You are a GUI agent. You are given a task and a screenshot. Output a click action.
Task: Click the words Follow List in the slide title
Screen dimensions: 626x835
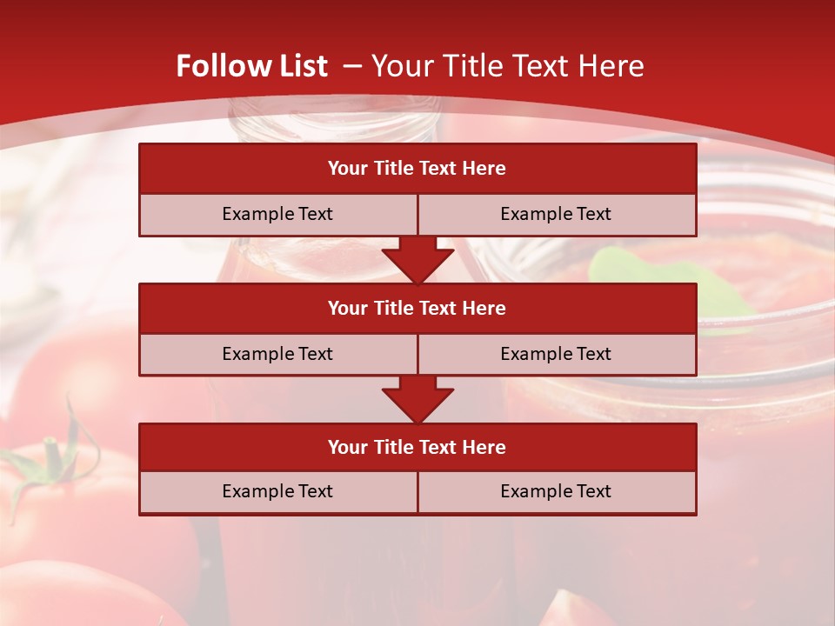[251, 66]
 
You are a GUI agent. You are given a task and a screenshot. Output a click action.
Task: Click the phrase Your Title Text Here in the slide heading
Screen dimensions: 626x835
[508, 66]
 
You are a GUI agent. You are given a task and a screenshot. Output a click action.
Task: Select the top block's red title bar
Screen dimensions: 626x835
[417, 169]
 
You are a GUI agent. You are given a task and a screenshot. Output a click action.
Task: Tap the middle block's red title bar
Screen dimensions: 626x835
[417, 308]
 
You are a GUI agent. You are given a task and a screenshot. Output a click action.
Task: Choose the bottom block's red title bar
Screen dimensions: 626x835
[417, 447]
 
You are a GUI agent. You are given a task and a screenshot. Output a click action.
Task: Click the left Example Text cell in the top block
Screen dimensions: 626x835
[277, 214]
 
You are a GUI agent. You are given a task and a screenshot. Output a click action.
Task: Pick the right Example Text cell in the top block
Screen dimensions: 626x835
[556, 214]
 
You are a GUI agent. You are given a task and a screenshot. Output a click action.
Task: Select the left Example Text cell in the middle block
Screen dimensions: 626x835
[277, 354]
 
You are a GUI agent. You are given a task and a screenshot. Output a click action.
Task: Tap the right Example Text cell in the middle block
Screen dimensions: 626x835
[556, 354]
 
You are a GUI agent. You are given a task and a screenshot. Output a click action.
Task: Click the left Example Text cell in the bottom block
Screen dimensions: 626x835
[277, 491]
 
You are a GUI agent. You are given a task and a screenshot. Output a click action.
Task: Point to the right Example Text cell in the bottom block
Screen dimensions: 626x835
[556, 491]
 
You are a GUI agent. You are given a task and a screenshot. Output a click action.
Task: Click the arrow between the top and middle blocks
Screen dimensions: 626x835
[417, 259]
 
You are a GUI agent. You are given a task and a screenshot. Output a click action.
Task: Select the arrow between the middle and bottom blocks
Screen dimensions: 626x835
[417, 399]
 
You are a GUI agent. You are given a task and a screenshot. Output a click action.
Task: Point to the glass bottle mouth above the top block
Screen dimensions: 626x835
[331, 122]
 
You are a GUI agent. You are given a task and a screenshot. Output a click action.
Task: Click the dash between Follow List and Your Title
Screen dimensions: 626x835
[352, 66]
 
